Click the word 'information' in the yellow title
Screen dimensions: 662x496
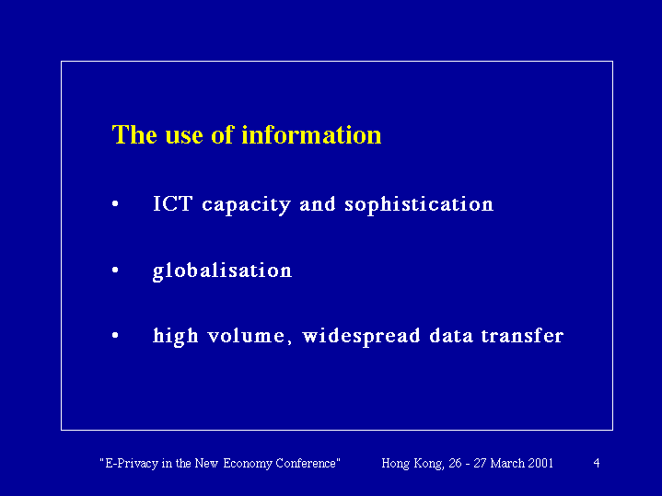(x=311, y=135)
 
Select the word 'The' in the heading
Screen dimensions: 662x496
(x=134, y=135)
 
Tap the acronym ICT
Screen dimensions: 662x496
(x=173, y=204)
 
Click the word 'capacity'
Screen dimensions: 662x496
(x=247, y=205)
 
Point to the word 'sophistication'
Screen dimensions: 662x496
(x=419, y=205)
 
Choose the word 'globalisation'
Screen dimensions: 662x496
(x=222, y=271)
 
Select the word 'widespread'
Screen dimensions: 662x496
(x=362, y=337)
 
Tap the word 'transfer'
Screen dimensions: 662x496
(x=522, y=336)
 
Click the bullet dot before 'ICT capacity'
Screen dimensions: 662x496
(x=115, y=204)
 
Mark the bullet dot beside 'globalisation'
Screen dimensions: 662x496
(x=115, y=270)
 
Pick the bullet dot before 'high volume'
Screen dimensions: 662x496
(x=115, y=336)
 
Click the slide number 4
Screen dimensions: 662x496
(x=597, y=463)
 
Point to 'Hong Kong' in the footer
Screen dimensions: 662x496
(x=412, y=464)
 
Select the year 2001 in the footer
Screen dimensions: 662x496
(x=540, y=463)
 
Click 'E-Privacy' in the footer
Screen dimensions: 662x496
(x=131, y=464)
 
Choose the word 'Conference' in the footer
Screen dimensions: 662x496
(x=306, y=463)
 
